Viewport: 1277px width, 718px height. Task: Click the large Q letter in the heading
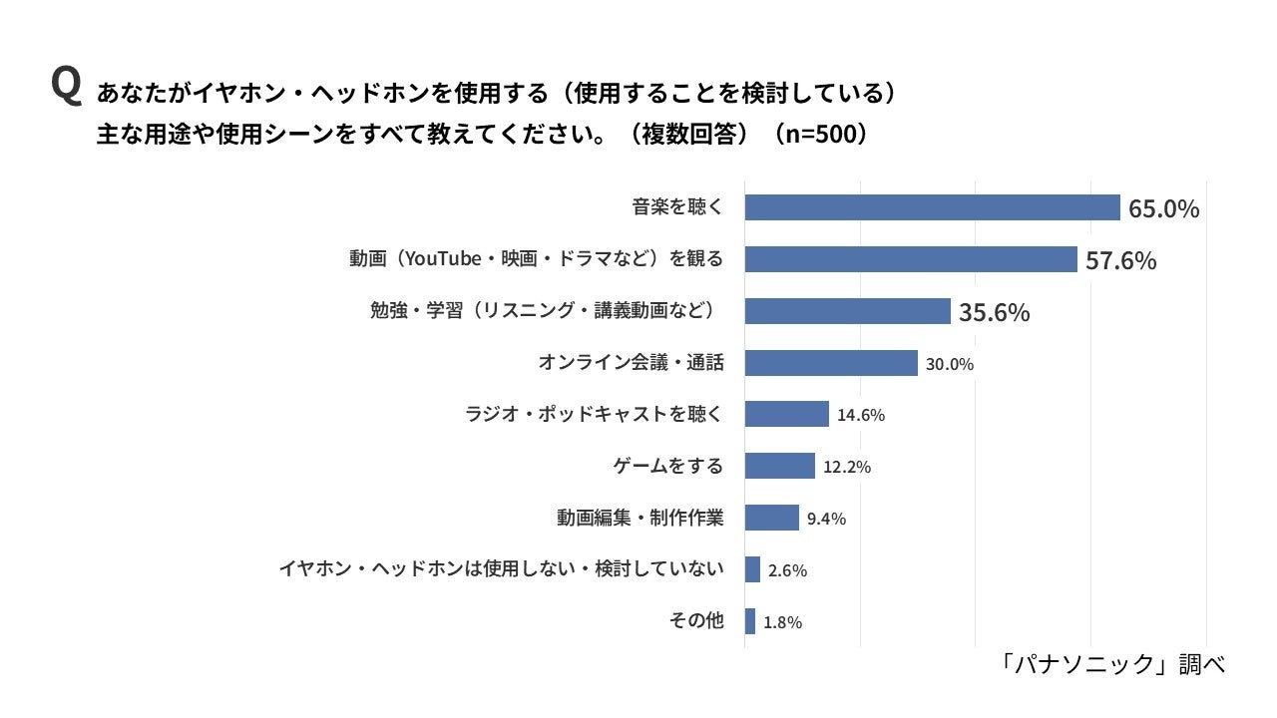pyautogui.click(x=66, y=87)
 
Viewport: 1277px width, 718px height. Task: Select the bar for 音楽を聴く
pyautogui.click(x=932, y=207)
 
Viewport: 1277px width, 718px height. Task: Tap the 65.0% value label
pyautogui.click(x=1163, y=208)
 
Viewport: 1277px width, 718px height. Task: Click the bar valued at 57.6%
pyautogui.click(x=910, y=259)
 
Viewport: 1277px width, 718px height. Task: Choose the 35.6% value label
pyautogui.click(x=994, y=312)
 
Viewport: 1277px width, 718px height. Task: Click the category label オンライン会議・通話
pyautogui.click(x=631, y=363)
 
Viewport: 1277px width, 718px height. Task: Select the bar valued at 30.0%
pyautogui.click(x=830, y=363)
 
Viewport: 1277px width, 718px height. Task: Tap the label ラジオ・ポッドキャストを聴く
pyautogui.click(x=593, y=415)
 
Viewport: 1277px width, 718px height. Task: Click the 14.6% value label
pyautogui.click(x=861, y=416)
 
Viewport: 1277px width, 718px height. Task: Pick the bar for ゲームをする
pyautogui.click(x=779, y=466)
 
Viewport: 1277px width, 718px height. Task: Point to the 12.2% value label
pyautogui.click(x=847, y=467)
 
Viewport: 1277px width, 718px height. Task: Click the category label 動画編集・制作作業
pyautogui.click(x=639, y=519)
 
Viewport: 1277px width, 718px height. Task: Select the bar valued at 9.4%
pyautogui.click(x=771, y=518)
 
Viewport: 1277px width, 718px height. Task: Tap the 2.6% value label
pyautogui.click(x=787, y=571)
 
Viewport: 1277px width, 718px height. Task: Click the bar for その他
pyautogui.click(x=749, y=621)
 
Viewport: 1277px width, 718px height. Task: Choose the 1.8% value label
pyautogui.click(x=782, y=623)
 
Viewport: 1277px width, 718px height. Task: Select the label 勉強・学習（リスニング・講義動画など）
pyautogui.click(x=546, y=311)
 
